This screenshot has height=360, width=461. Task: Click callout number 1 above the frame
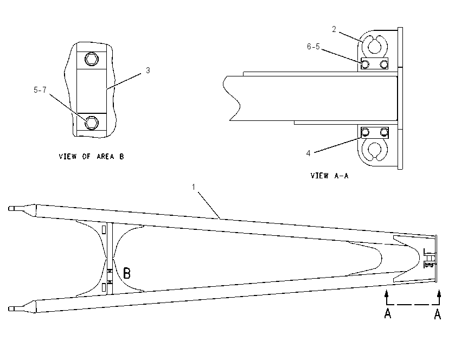pos(194,187)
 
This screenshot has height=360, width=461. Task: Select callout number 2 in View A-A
pos(334,29)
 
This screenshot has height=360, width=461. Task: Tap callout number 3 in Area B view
pos(148,70)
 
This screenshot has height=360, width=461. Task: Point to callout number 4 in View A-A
pos(308,153)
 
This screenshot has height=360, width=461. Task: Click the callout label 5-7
pos(40,90)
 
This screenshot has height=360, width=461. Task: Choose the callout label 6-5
pos(313,47)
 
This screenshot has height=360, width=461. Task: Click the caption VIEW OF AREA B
pos(92,156)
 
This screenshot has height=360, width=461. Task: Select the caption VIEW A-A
pos(329,176)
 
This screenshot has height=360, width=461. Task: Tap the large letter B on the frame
pos(127,273)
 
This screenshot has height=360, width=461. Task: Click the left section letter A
pos(388,313)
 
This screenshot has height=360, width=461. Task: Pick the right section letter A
pos(438,314)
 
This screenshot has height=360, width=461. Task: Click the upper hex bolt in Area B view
pos(92,59)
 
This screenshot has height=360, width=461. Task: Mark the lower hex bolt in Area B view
pos(92,123)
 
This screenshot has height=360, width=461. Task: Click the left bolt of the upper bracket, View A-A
pos(365,64)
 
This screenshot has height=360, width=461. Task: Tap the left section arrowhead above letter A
pos(386,293)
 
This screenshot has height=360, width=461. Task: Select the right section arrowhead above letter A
pos(439,293)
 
